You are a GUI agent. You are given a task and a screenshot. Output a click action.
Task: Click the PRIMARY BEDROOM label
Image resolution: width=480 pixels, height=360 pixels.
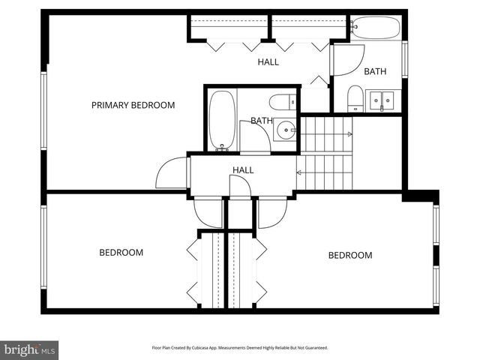coord(133,105)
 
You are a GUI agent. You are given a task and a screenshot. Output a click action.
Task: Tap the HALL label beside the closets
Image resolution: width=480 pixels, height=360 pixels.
coord(268,62)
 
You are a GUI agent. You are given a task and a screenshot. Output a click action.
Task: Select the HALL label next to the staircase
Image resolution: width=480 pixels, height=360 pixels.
coord(243,170)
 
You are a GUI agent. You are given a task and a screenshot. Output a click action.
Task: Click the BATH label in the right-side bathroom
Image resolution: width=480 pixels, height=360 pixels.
coord(375,72)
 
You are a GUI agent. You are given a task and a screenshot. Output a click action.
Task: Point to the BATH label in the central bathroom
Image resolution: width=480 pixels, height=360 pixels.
coord(261,120)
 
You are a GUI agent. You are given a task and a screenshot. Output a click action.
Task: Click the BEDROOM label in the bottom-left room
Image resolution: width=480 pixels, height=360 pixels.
coord(121,253)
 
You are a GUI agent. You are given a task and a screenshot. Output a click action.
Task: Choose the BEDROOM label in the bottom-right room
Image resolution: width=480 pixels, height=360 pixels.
coord(349,256)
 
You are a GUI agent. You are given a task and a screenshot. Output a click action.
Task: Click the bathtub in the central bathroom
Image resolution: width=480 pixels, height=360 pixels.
coord(222,119)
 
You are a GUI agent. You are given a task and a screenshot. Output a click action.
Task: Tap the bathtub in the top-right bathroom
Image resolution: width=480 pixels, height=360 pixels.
coord(375,28)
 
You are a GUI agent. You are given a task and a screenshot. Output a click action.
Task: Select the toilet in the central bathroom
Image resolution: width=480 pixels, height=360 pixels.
coord(283,102)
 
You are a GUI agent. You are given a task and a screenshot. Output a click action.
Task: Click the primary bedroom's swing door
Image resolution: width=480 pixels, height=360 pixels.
coord(172,174)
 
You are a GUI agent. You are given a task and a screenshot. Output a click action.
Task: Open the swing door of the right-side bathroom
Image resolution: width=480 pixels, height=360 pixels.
coord(346,60)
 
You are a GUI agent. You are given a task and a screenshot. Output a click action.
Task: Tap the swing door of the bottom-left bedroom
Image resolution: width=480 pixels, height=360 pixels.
coord(208,212)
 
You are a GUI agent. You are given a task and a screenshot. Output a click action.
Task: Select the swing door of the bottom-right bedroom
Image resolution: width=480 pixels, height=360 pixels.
coord(271,212)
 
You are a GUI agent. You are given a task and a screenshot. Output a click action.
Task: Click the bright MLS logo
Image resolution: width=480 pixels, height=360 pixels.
coord(29,349)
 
